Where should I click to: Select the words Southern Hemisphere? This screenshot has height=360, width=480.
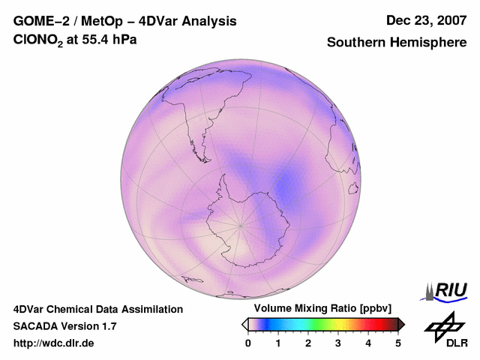(397, 43)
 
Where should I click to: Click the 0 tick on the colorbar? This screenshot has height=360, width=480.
(248, 343)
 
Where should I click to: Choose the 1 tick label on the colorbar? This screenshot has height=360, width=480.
(278, 343)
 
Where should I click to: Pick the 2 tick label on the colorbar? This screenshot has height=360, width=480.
(308, 343)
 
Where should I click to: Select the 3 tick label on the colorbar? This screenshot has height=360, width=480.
(338, 343)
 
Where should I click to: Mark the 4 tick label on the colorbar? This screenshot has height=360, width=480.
(368, 343)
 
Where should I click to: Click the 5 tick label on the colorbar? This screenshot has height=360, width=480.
(398, 343)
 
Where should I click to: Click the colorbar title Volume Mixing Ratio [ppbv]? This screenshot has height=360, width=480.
(323, 309)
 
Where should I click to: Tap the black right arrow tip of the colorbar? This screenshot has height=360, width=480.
(402, 324)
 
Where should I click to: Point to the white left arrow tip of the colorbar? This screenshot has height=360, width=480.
(244, 324)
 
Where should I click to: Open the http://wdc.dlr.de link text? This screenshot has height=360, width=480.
(54, 343)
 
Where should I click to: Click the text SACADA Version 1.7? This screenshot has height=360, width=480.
(64, 326)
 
